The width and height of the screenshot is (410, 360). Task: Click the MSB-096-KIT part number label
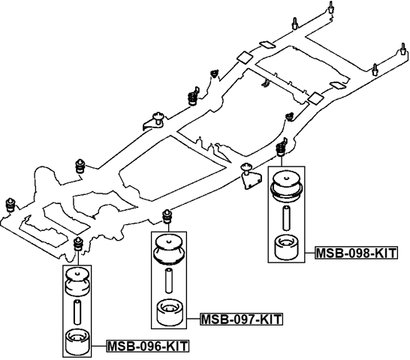(x=147, y=346)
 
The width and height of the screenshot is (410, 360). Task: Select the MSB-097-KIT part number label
(x=241, y=319)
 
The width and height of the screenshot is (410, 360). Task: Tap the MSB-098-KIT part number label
(x=355, y=253)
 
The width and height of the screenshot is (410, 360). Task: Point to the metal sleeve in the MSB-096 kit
(x=76, y=310)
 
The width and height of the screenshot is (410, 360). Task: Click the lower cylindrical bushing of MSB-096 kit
(x=76, y=341)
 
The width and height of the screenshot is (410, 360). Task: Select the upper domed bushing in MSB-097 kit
(x=169, y=248)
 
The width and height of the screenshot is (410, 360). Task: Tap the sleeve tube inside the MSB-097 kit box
(x=169, y=282)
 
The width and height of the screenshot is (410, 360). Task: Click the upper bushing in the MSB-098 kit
(x=286, y=184)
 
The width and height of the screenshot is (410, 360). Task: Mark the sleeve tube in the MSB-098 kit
(x=286, y=217)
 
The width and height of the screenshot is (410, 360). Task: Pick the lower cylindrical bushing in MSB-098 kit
(x=286, y=247)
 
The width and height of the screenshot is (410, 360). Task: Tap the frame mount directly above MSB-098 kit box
(x=283, y=147)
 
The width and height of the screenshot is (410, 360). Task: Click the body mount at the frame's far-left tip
(x=11, y=204)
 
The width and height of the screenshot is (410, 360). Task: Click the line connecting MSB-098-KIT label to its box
(x=309, y=253)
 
